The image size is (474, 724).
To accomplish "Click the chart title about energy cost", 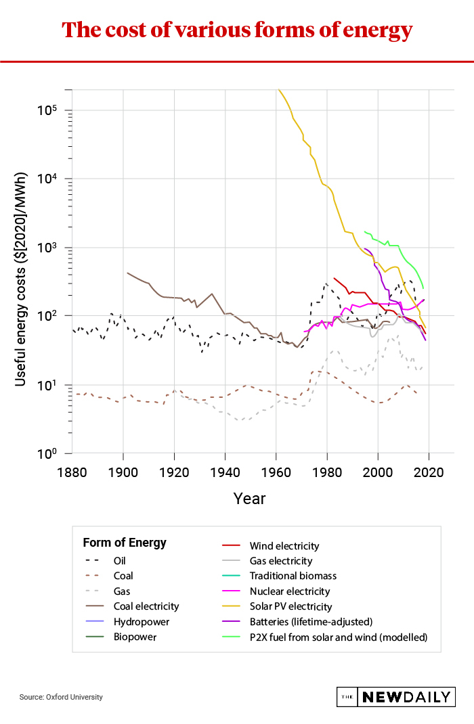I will (237, 30).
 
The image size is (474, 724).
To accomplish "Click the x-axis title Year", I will (249, 499).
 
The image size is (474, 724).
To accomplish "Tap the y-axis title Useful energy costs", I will (21, 280).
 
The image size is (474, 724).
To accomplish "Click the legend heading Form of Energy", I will (125, 543).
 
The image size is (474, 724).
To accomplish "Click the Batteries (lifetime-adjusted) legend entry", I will (311, 621).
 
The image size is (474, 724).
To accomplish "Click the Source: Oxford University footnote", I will (61, 697).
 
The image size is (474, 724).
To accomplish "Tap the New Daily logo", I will (395, 697).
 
